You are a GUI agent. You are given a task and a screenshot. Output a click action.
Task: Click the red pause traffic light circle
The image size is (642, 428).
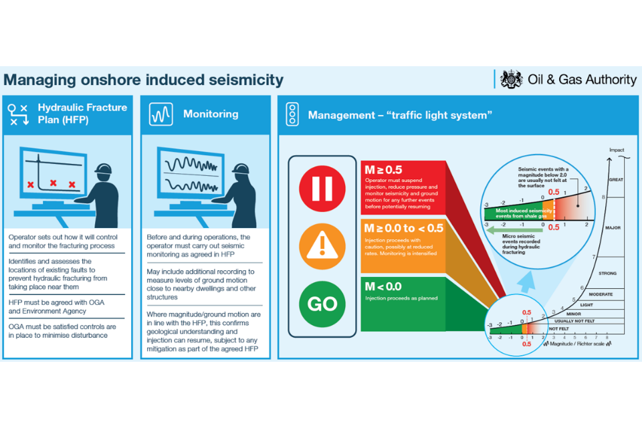click(x=322, y=188)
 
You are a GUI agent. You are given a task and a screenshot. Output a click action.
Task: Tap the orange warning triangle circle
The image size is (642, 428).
click(x=322, y=245)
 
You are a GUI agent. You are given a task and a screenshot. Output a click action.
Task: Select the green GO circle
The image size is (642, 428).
click(x=322, y=304)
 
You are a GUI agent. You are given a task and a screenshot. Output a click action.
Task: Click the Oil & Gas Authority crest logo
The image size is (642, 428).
click(x=511, y=80)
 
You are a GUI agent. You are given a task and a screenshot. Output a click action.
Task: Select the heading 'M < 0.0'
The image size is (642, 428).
click(x=383, y=286)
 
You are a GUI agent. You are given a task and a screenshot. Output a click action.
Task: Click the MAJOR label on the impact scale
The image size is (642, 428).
click(x=613, y=228)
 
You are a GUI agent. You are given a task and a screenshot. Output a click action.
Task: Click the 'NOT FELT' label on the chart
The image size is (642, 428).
click(x=559, y=329)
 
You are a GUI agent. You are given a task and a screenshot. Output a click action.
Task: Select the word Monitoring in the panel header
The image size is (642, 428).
click(x=211, y=114)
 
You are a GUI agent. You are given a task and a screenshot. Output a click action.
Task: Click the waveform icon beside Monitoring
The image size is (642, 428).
click(x=161, y=114)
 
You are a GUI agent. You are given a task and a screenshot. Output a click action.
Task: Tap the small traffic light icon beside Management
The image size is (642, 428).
click(x=292, y=114)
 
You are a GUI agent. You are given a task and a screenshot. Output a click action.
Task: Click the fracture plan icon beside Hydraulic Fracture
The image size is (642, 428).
click(x=17, y=114)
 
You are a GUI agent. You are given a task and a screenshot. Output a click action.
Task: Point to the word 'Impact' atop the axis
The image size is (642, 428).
click(x=617, y=150)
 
